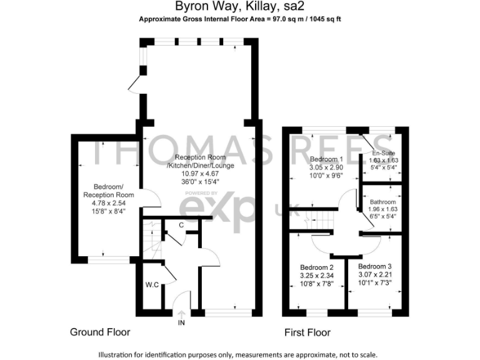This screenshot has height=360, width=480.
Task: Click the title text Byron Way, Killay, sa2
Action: [x=239, y=8]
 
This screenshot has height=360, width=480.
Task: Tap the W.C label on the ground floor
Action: [x=152, y=286]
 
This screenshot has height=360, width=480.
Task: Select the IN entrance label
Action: [x=181, y=322]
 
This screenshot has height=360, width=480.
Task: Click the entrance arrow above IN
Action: [x=181, y=313]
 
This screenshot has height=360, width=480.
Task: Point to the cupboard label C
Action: [x=181, y=225]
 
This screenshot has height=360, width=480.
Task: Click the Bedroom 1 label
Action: [x=326, y=159]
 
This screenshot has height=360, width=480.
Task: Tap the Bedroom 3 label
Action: [x=375, y=266]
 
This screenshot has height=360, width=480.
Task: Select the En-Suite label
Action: [x=383, y=152]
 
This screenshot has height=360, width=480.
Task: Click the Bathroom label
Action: [x=382, y=202]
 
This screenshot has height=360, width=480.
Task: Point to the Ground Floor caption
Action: [x=100, y=332]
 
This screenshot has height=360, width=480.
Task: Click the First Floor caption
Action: [x=307, y=332]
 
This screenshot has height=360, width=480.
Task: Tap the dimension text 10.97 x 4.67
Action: [x=196, y=174]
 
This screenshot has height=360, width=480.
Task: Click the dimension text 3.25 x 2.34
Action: [x=317, y=274]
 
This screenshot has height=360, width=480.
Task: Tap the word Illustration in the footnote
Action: [x=119, y=354]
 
